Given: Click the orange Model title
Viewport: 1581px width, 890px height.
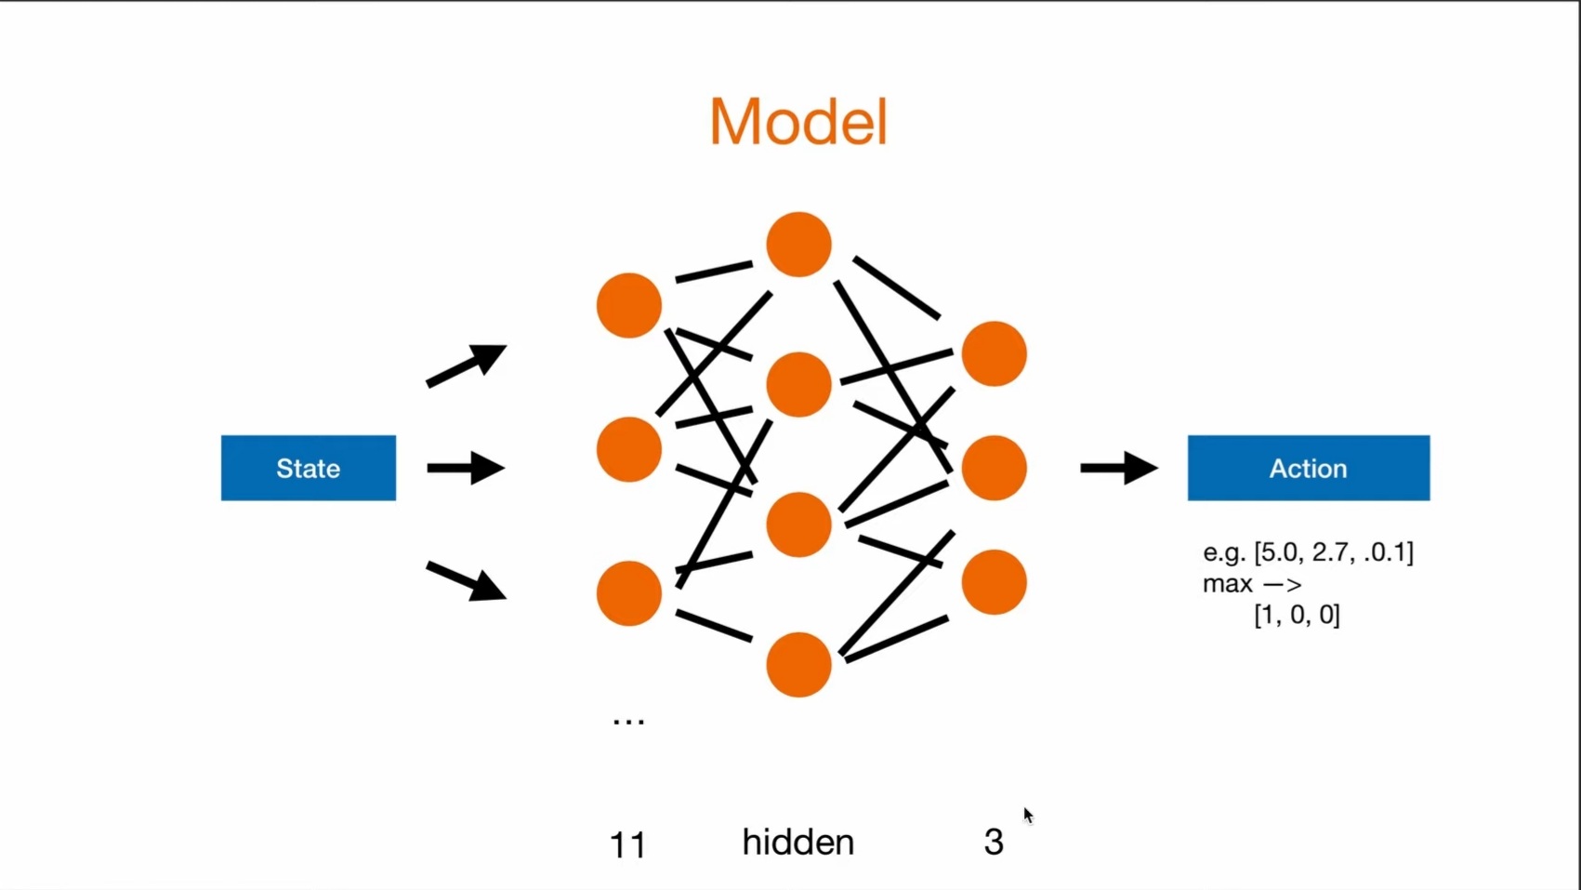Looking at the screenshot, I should [x=798, y=122].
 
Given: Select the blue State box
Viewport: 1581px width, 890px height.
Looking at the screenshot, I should [x=308, y=468].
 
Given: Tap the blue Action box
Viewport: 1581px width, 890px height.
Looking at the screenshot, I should [x=1308, y=468].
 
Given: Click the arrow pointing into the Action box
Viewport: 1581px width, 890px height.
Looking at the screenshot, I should [x=1118, y=468].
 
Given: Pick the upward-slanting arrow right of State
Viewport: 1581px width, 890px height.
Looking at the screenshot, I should [x=466, y=365].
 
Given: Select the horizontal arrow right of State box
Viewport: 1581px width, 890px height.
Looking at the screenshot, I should [x=466, y=468].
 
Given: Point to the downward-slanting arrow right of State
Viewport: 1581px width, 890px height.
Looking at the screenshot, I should [x=466, y=581].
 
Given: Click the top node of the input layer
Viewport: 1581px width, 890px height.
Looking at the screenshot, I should [x=629, y=305].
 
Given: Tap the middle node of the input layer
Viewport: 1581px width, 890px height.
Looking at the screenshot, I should [x=629, y=449].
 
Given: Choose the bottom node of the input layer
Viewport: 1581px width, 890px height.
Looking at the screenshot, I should [x=629, y=592].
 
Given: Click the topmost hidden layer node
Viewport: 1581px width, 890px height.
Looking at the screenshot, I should [x=798, y=245].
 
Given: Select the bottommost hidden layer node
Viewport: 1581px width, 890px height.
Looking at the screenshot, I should [x=798, y=664].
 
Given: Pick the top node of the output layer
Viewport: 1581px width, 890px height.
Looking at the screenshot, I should [x=994, y=353].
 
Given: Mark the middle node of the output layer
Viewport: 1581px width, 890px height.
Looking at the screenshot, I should [x=994, y=468].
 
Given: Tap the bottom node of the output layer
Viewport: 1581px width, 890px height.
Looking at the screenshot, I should [x=994, y=582].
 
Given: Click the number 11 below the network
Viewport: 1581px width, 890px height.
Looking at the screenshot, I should [x=627, y=845].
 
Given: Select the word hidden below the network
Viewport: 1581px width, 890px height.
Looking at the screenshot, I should [x=797, y=842].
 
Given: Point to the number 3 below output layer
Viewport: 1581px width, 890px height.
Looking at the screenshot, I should [x=994, y=842].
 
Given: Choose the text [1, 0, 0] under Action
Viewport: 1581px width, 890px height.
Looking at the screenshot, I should [x=1297, y=615].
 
